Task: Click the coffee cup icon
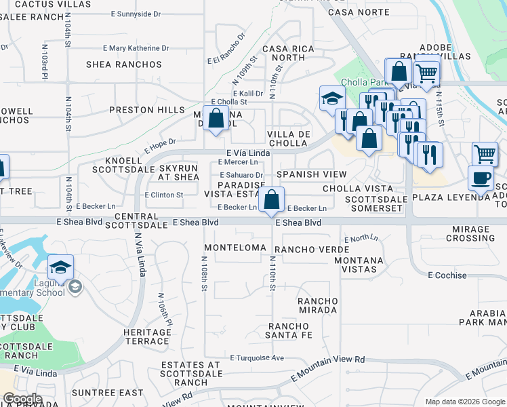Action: click(x=481, y=178)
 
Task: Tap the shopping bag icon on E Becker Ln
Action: click(x=271, y=200)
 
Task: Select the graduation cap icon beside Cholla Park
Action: click(x=332, y=98)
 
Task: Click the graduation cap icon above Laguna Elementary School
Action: click(x=60, y=267)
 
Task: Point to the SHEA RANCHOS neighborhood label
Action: click(x=124, y=64)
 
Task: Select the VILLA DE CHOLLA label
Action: click(x=289, y=138)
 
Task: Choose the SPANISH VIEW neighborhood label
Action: click(x=306, y=174)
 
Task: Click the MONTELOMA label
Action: click(x=235, y=248)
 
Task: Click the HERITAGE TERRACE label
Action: click(x=148, y=336)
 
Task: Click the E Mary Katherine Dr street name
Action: click(x=136, y=48)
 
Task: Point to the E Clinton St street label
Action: click(x=164, y=195)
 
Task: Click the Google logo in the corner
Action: click(x=23, y=399)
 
